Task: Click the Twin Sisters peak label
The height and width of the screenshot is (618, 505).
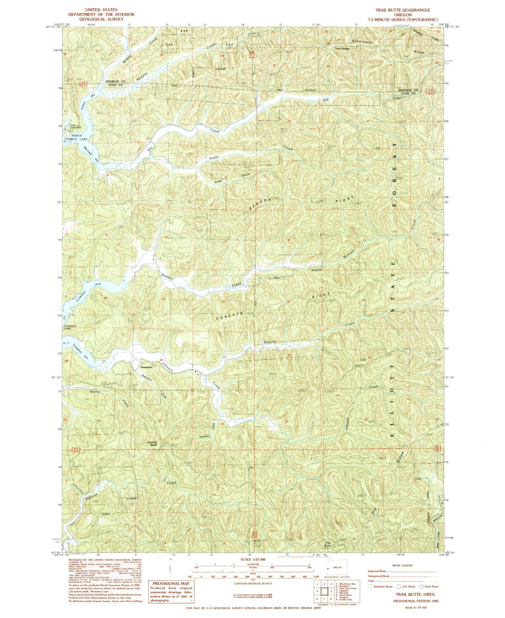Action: point(342,49)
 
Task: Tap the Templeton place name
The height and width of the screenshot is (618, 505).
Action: point(146,367)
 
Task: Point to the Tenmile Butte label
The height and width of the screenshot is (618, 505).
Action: point(153,443)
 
